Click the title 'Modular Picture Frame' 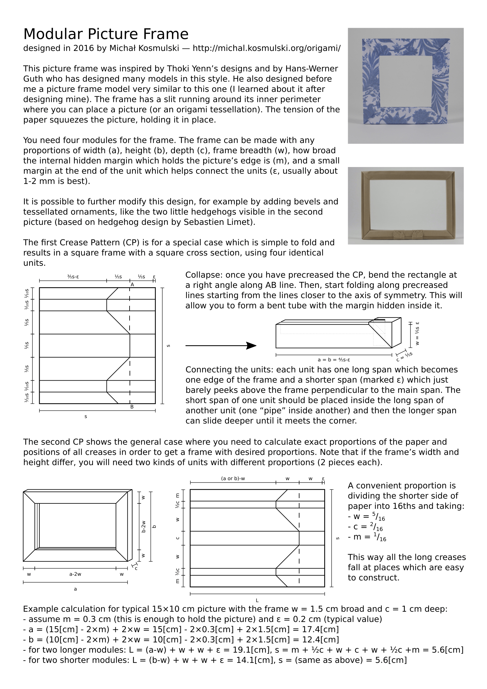point(106,34)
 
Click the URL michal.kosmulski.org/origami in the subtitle point(266,48)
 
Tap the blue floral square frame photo point(405,86)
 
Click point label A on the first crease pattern point(132,285)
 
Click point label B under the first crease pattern point(132,407)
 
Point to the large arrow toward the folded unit point(221,346)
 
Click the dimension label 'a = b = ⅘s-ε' point(334,360)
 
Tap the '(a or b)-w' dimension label point(233,479)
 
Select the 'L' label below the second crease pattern point(257,600)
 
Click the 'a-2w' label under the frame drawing point(75,574)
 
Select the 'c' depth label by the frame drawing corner point(136,568)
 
